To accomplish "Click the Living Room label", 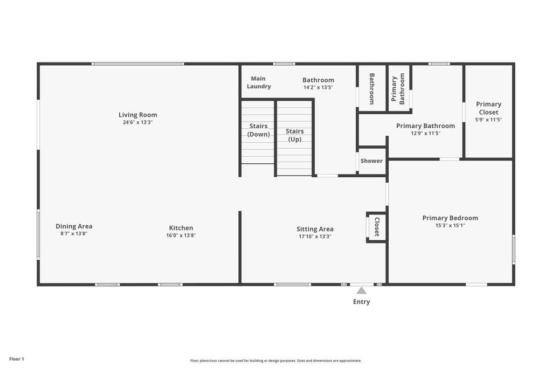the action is click(137, 115).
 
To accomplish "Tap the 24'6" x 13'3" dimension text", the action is click(137, 122).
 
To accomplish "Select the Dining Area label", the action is click(74, 226).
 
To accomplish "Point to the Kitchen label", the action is click(181, 228).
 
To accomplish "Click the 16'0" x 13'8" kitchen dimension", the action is click(181, 235).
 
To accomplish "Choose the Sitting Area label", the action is click(315, 230).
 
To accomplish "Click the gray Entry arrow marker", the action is click(362, 290).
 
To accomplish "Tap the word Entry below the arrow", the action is click(362, 302).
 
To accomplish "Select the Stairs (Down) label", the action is click(258, 130).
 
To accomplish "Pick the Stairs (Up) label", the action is click(295, 135).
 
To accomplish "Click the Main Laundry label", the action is click(259, 82).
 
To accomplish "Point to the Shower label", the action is click(371, 161).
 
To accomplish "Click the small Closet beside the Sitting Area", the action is click(377, 227).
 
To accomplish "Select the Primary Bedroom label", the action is click(450, 218).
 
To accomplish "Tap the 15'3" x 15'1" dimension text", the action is click(450, 226).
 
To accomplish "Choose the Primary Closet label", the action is click(488, 108).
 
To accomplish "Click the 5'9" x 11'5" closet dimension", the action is click(488, 120).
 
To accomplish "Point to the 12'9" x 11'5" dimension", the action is click(426, 133).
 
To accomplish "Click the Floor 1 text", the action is click(17, 359).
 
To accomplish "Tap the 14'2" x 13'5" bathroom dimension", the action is click(318, 88).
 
